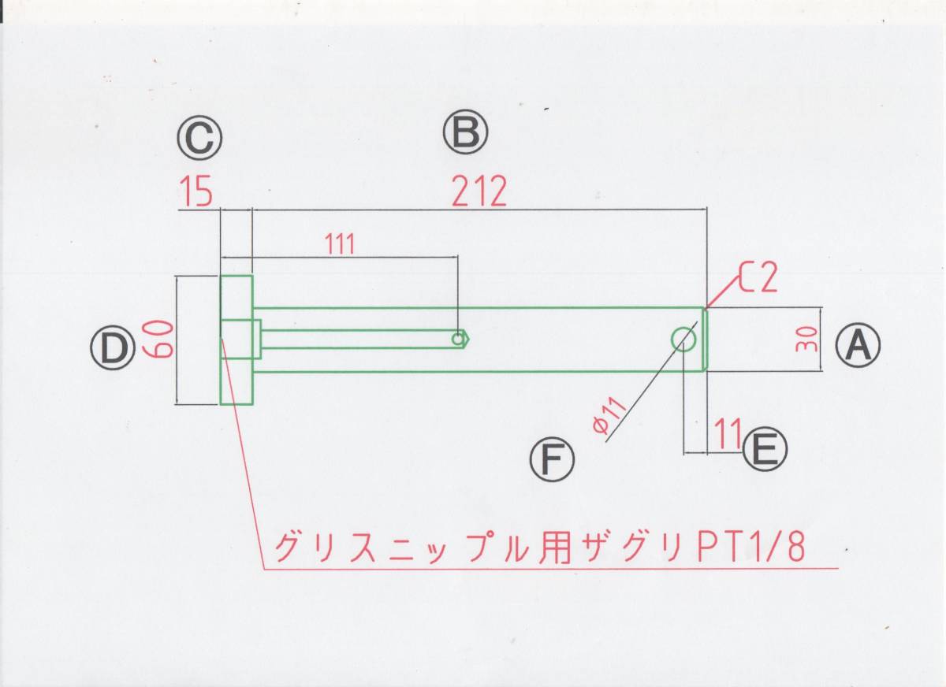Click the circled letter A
tap(858, 345)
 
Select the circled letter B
tap(465, 132)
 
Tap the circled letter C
tap(199, 138)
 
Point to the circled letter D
tap(113, 347)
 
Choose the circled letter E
tap(765, 448)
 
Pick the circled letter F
tap(552, 459)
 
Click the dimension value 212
tap(479, 191)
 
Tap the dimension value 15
tap(196, 191)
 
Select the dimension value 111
tap(339, 244)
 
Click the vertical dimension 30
tap(807, 340)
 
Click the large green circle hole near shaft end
tap(683, 339)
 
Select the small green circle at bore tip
tap(457, 339)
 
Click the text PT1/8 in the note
tap(752, 548)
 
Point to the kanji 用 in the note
tap(554, 548)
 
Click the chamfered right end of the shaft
tap(705, 340)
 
